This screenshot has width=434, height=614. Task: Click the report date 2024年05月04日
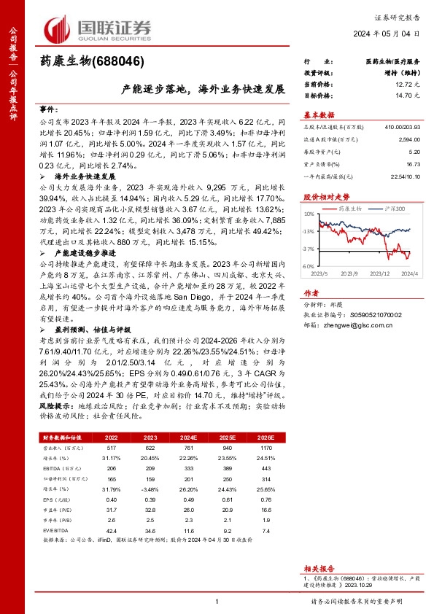[392, 34]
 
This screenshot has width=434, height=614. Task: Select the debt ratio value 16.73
[412, 165]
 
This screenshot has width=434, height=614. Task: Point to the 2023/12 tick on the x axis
[381, 273]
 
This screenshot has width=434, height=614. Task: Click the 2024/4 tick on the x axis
[409, 273]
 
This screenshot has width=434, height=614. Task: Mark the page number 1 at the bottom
[217, 602]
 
